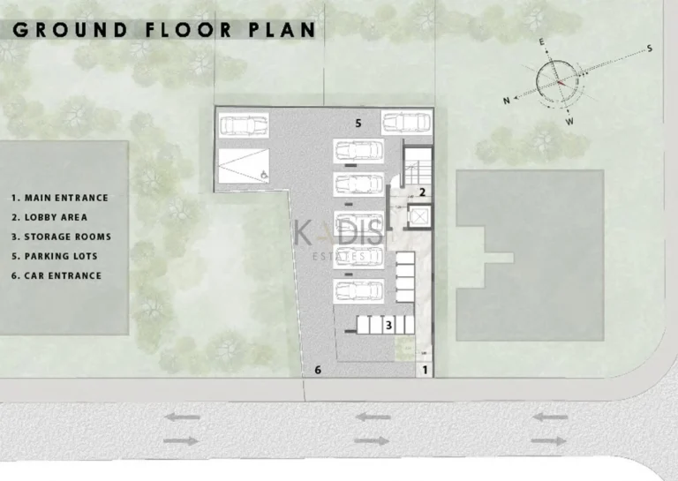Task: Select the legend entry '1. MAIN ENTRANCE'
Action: pyautogui.click(x=60, y=198)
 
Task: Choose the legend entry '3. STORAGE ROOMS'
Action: pyautogui.click(x=61, y=237)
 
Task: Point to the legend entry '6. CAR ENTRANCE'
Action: pyautogui.click(x=56, y=275)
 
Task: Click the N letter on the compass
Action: pyautogui.click(x=507, y=101)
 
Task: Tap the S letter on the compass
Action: pyautogui.click(x=649, y=48)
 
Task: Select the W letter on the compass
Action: pyautogui.click(x=569, y=121)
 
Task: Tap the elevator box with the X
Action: pyautogui.click(x=419, y=216)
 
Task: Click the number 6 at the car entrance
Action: pyautogui.click(x=319, y=370)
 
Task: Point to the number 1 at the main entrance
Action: pyautogui.click(x=425, y=371)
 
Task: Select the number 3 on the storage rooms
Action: pyautogui.click(x=388, y=326)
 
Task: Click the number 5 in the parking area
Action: pyautogui.click(x=358, y=124)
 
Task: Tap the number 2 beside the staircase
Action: pyautogui.click(x=423, y=192)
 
